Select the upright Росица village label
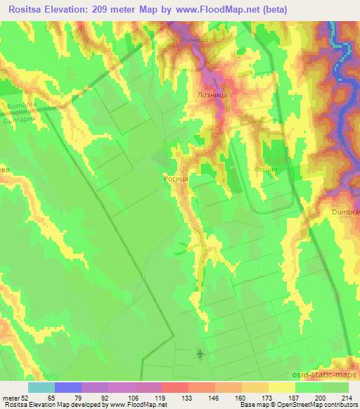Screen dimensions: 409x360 click(x=175, y=179)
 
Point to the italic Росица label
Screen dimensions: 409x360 click(x=266, y=169)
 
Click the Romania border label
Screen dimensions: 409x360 click(x=21, y=106)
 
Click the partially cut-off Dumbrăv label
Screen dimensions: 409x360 click(x=345, y=211)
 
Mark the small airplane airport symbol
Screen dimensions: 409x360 click(x=201, y=353)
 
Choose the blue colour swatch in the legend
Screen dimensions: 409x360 click(x=68, y=387)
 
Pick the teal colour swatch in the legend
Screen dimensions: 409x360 click(x=41, y=387)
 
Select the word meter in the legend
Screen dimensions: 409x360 click(x=10, y=397)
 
